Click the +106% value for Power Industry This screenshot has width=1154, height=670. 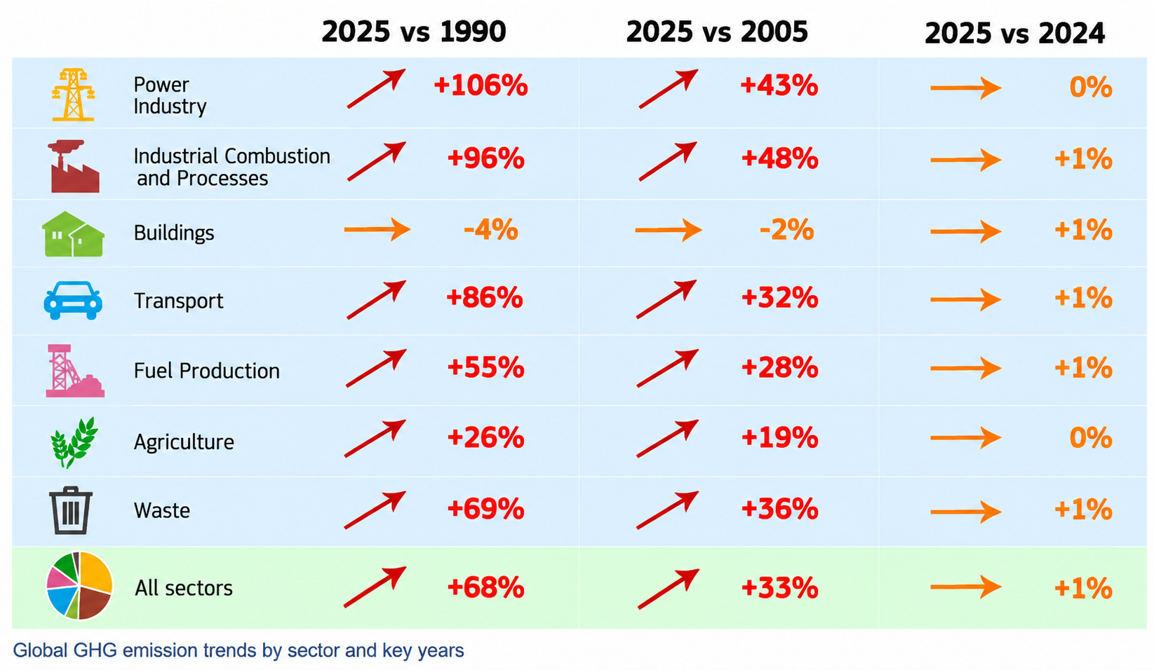coord(481,86)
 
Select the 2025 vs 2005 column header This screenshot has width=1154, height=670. coord(717,32)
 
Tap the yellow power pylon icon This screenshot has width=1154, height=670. coord(73,95)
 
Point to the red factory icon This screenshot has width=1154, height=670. coord(74,166)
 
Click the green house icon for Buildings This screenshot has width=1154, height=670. coord(73,233)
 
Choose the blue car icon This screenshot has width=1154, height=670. coord(73,301)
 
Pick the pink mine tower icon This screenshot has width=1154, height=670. coord(74,371)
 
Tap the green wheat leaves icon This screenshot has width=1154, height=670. coord(74,442)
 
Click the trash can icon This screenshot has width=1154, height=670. coord(71,510)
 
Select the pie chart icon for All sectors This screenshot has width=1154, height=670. coord(79,586)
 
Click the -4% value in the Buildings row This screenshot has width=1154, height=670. coord(490,229)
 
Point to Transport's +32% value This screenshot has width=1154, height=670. coord(779,299)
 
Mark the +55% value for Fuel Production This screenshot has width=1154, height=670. coord(485,368)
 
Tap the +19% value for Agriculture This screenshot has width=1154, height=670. coord(779,439)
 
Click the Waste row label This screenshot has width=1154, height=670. coord(162,510)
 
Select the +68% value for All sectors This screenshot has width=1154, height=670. coord(485,588)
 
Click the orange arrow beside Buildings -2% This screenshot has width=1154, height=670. coord(668,230)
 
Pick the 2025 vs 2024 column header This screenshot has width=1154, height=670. coord(1014,34)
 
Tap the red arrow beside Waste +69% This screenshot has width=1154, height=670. coord(375,510)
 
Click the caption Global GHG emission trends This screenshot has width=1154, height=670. coord(239,650)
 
